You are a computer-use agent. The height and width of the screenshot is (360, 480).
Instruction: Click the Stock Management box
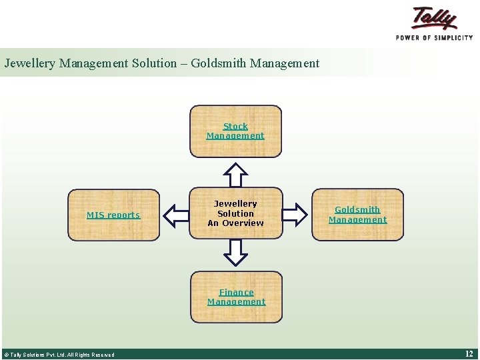[235, 131]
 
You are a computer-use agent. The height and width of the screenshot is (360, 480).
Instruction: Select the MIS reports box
[113, 215]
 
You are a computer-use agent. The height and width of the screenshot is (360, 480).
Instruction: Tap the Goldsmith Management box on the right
[357, 215]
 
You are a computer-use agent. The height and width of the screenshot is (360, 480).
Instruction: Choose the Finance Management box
[236, 297]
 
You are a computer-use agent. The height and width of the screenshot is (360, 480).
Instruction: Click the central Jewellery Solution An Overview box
[235, 213]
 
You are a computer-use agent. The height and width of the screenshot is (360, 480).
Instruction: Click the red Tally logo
[434, 18]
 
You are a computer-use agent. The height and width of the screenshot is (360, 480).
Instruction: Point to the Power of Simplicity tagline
[434, 38]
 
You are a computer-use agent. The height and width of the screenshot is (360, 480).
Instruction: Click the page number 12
[469, 354]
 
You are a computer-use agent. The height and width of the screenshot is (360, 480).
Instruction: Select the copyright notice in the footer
[59, 355]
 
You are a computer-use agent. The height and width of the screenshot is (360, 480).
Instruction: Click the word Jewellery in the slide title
[31, 64]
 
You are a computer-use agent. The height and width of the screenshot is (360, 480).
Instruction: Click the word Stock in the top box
[235, 126]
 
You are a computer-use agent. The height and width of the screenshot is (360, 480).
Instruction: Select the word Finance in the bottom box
[236, 292]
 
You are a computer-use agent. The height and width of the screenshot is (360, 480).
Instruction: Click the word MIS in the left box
[95, 215]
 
